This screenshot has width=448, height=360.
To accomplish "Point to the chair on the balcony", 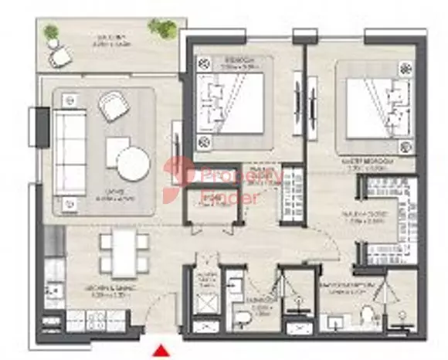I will (59, 56).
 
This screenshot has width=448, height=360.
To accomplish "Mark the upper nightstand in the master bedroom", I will (402, 70).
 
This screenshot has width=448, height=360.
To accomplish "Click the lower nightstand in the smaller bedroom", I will (204, 141).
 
